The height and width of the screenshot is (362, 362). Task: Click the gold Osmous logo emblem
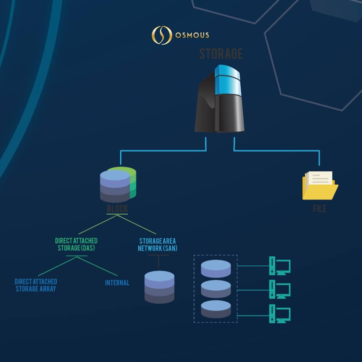162,35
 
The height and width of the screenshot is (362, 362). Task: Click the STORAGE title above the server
221,54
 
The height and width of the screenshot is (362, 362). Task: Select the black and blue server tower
220,99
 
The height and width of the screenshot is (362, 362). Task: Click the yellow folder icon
320,186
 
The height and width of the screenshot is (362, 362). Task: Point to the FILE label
319,209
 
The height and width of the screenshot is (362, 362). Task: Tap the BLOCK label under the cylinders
117,209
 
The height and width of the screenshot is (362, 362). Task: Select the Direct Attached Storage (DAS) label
76,244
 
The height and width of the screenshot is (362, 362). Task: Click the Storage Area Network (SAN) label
158,245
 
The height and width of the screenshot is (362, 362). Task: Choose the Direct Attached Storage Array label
36,285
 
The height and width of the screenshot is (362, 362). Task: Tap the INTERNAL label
117,283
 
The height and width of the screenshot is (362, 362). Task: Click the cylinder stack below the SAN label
160,287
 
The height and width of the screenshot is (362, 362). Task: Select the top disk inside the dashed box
216,268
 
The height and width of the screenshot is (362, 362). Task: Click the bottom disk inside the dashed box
216,309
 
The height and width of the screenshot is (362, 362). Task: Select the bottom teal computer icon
280,313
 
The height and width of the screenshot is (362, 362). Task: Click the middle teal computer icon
280,290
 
